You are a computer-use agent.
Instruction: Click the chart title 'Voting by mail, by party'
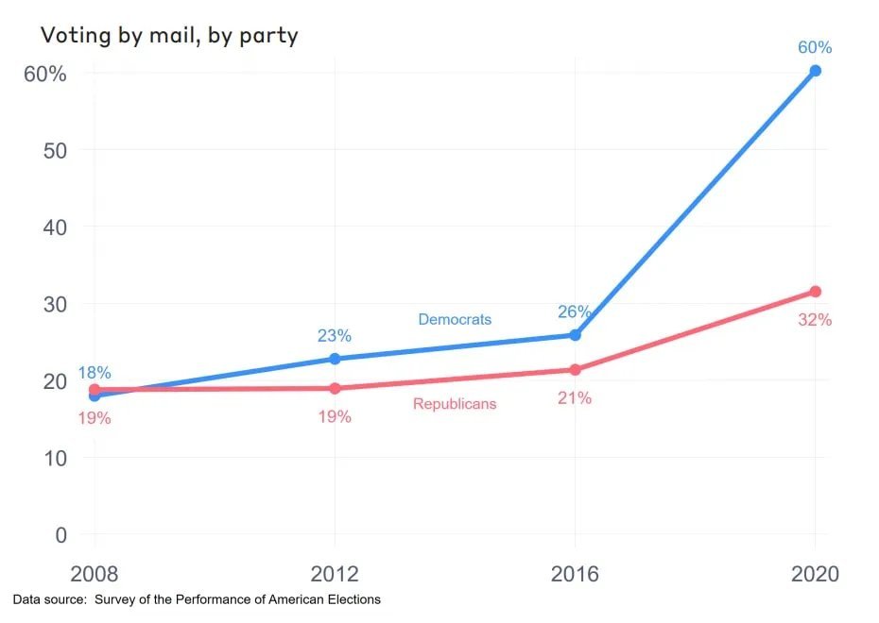[x=168, y=36]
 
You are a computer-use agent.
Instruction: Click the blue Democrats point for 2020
[x=815, y=71]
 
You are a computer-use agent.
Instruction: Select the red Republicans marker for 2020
[x=815, y=292]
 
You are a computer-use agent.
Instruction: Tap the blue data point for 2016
[x=575, y=335]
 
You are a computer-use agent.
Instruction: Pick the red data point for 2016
[x=575, y=370]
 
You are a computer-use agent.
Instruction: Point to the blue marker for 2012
[x=335, y=359]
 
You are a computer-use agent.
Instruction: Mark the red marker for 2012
[x=335, y=388]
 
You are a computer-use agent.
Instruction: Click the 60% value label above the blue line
[x=814, y=47]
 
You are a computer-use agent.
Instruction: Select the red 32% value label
[x=814, y=320]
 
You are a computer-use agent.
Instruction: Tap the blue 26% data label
[x=575, y=311]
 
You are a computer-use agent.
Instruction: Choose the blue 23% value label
[x=335, y=335]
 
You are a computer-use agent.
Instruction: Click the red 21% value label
[x=574, y=398]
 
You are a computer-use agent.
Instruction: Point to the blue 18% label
[x=95, y=373]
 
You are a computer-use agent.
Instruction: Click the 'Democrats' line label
[x=455, y=319]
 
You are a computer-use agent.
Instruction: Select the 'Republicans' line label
[x=455, y=404]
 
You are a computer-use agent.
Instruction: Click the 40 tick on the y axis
[x=55, y=227]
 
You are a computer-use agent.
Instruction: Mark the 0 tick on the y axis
[x=61, y=534]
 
